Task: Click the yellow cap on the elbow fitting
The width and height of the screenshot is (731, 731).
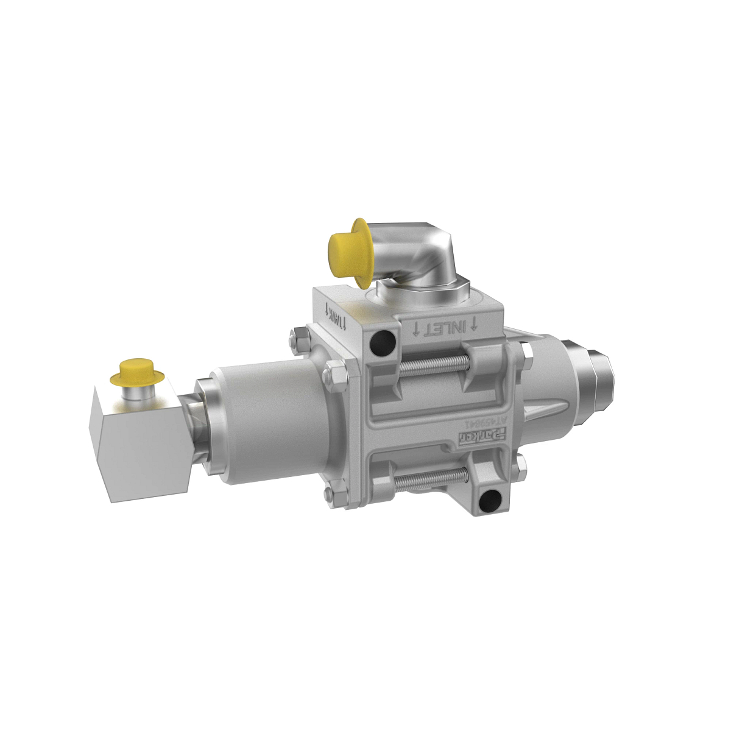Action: click(348, 249)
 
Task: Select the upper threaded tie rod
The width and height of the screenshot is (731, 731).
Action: click(435, 364)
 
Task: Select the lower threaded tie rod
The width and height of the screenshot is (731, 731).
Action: click(429, 481)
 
